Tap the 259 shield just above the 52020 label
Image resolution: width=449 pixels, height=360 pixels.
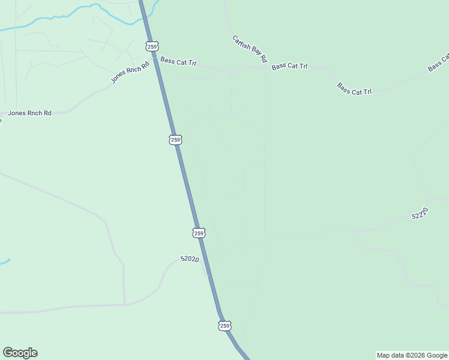point(199,232)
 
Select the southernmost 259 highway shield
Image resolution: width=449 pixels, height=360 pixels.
point(224,326)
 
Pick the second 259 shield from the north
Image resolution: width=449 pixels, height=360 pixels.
point(175,140)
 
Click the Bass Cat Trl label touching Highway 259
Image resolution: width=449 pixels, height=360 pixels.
point(178,62)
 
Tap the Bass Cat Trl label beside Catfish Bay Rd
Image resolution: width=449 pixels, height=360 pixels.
point(289,66)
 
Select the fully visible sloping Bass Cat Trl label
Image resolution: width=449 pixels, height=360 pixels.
point(354,89)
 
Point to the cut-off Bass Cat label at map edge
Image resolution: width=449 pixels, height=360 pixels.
point(439,64)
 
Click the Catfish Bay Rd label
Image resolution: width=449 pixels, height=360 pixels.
point(249,49)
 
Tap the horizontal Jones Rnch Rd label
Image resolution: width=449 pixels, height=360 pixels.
point(29,113)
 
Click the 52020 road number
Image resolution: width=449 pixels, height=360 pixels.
point(189,259)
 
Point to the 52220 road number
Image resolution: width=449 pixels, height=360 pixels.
point(420,214)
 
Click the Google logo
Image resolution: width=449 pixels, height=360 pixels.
point(20,353)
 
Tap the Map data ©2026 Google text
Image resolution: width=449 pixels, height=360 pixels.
point(412,355)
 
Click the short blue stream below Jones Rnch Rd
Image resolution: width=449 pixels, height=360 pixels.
point(5,262)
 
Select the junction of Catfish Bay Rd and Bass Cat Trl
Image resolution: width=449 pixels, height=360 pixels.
point(265,67)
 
